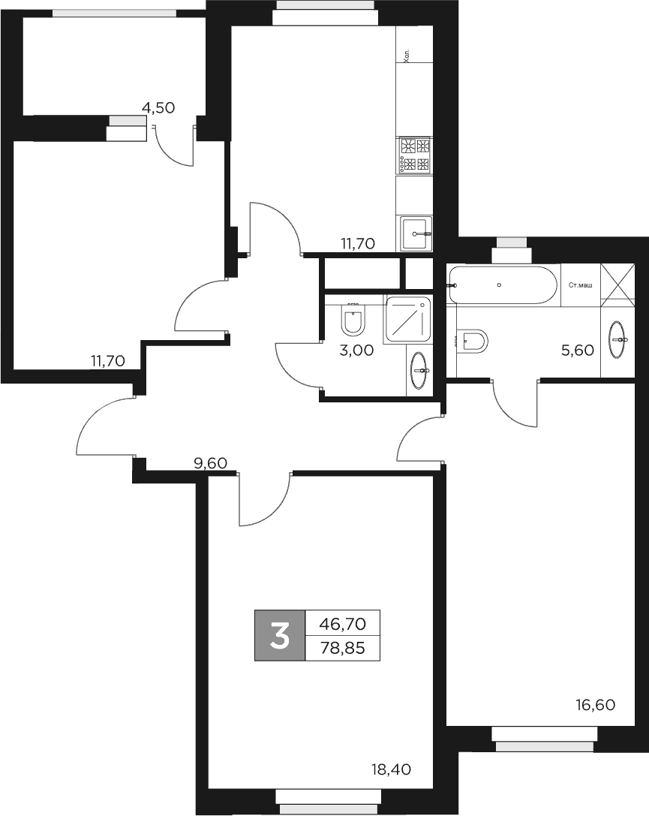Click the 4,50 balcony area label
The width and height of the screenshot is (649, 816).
tap(158, 107)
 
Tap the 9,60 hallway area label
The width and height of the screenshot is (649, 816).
tap(210, 463)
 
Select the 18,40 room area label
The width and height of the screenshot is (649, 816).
tap(392, 769)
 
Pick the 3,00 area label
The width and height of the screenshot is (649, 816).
tap(357, 349)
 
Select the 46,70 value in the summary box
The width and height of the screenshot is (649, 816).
tap(342, 623)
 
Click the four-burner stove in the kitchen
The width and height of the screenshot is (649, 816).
tap(415, 155)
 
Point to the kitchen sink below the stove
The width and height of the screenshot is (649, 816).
tap(416, 233)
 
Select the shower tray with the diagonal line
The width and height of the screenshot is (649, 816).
tap(408, 320)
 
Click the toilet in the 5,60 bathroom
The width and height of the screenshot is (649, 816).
tap(473, 342)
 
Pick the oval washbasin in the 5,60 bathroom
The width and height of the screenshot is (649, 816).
tap(618, 339)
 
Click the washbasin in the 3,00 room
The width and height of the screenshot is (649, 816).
tap(419, 365)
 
